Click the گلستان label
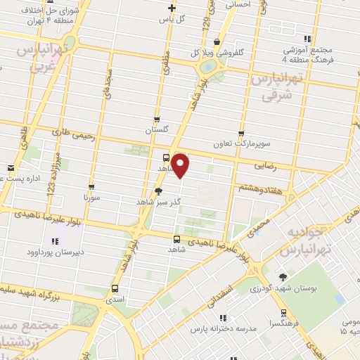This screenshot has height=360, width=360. click(x=157, y=131)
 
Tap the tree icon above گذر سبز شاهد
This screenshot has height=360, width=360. click(x=158, y=191)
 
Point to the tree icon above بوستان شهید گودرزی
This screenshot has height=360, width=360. click(x=283, y=278)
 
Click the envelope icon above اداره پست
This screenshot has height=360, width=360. click(x=11, y=168)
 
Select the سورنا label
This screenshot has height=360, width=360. click(x=92, y=199)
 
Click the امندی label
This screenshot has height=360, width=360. click(x=114, y=299)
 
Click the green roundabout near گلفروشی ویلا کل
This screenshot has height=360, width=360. click(x=209, y=67)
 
